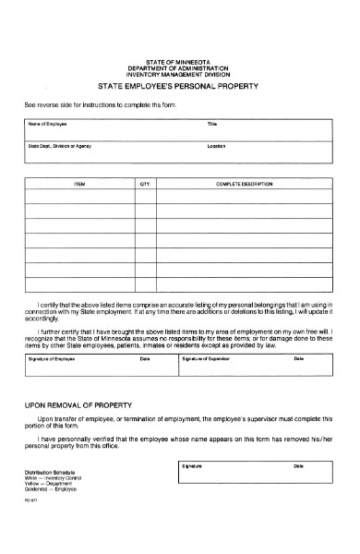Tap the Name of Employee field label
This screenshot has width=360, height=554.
[47, 123]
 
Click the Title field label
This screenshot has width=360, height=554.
[211, 123]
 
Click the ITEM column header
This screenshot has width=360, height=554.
[79, 186]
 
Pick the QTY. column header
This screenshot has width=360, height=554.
[145, 186]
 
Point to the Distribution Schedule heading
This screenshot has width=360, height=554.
[51, 471]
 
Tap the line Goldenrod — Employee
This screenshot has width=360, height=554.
[54, 489]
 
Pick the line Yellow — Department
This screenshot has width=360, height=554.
[52, 483]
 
